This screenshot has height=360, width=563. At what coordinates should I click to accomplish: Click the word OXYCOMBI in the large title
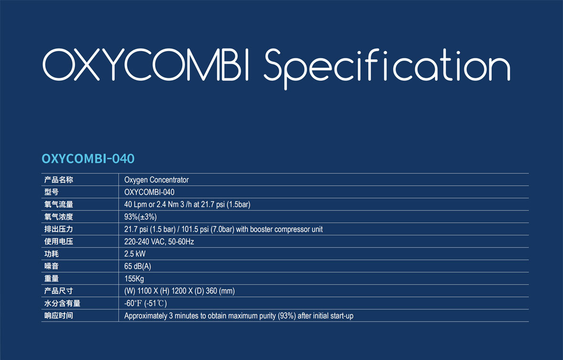[x=146, y=64]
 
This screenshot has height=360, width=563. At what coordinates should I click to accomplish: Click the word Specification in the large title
[x=387, y=69]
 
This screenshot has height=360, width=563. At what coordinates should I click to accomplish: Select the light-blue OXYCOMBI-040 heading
[x=88, y=159]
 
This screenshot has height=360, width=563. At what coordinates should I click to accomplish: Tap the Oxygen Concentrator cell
[x=156, y=180]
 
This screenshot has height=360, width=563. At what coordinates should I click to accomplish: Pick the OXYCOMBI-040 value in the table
[x=149, y=192]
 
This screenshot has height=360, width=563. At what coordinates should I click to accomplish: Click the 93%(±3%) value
[x=140, y=217]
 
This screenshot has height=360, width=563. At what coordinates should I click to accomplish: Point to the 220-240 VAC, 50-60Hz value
[x=159, y=242]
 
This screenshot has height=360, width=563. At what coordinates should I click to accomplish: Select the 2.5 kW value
[x=135, y=254]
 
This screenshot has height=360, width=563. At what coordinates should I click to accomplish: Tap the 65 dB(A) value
[x=137, y=266]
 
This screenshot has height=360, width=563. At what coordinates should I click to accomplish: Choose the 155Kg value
[x=134, y=278]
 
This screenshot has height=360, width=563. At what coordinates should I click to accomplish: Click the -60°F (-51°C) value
[x=146, y=303]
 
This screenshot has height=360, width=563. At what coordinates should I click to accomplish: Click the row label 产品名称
[x=59, y=180]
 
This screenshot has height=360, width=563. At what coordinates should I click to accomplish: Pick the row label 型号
[x=52, y=192]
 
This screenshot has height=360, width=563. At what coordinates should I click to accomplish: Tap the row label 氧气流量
[x=59, y=204]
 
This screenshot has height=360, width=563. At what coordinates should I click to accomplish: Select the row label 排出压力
[x=59, y=229]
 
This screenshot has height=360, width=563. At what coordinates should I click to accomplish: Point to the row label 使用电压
[x=59, y=242]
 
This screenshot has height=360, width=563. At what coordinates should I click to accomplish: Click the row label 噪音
[x=52, y=266]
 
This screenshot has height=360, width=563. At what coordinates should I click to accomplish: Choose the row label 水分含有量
[x=62, y=303]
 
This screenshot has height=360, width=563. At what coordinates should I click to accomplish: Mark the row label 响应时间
[x=59, y=316]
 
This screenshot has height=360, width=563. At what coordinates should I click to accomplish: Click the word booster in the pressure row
[x=261, y=229]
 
